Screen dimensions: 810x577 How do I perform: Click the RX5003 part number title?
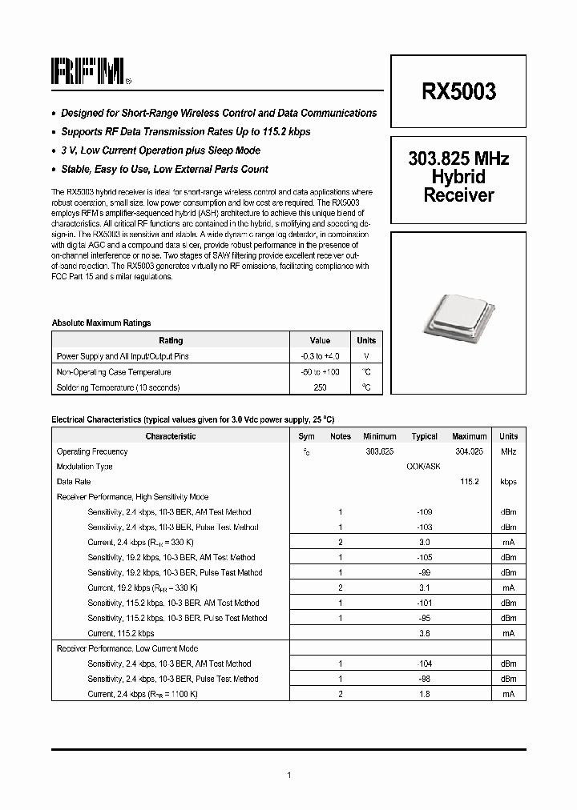pyautogui.click(x=458, y=91)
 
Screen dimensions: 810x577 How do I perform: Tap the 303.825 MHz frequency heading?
pyautogui.click(x=458, y=158)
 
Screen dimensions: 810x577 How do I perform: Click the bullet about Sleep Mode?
pyautogui.click(x=160, y=150)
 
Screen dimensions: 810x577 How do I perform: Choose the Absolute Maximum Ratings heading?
pyautogui.click(x=101, y=323)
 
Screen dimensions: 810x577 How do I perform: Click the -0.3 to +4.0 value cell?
pyautogui.click(x=320, y=355)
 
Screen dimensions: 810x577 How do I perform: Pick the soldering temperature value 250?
pyautogui.click(x=320, y=387)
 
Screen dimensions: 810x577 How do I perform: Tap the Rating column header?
pyautogui.click(x=171, y=340)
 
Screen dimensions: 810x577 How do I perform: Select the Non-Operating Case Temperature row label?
pyautogui.click(x=113, y=372)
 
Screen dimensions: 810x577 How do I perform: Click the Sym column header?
pyautogui.click(x=306, y=436)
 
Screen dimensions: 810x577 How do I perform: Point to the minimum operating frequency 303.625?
pyautogui.click(x=379, y=451)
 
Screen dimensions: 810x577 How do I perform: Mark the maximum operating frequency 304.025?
pyautogui.click(x=469, y=451)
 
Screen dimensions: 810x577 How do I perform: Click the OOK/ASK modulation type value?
pyautogui.click(x=424, y=467)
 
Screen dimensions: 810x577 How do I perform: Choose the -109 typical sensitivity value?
pyautogui.click(x=424, y=511)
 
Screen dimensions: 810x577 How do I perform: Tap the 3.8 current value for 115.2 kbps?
pyautogui.click(x=424, y=633)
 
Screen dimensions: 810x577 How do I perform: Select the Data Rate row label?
pyautogui.click(x=74, y=482)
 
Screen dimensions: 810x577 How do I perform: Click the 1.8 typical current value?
pyautogui.click(x=424, y=694)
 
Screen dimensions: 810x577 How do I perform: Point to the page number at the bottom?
pyautogui.click(x=288, y=775)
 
